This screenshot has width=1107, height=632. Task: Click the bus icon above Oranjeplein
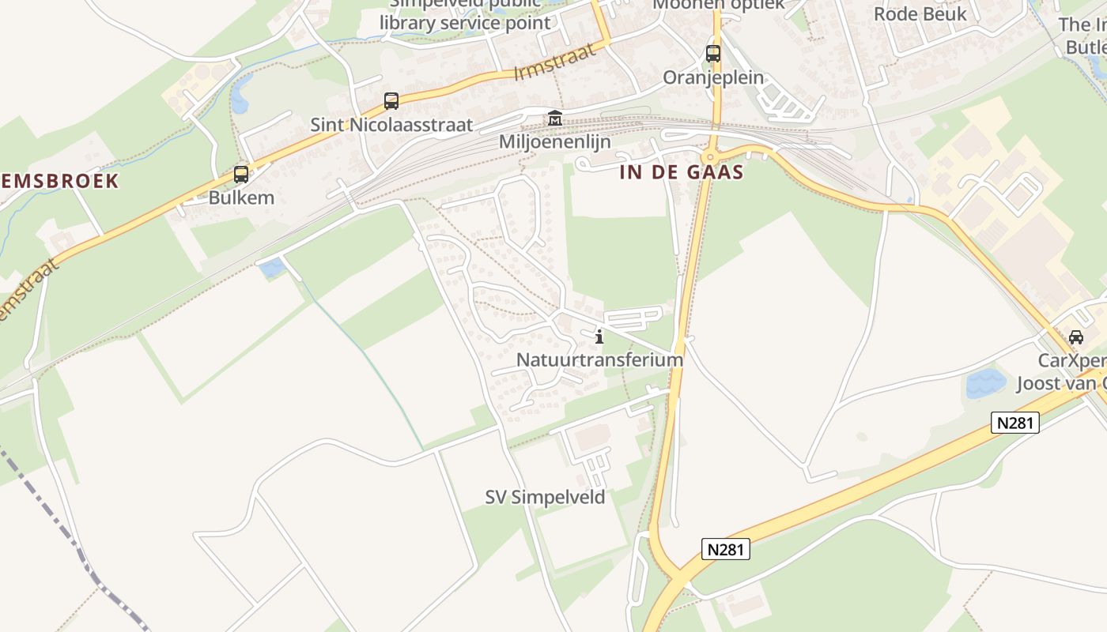(x=713, y=54)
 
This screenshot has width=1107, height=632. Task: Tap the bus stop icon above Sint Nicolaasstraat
(x=391, y=101)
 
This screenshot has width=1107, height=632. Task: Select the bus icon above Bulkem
(x=241, y=175)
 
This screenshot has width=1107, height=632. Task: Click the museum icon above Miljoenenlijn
(x=555, y=119)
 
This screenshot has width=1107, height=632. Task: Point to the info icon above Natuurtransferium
(x=599, y=337)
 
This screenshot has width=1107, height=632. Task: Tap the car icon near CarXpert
(x=1076, y=337)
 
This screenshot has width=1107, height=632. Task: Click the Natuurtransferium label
(x=599, y=359)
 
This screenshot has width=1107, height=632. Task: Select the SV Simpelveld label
(x=545, y=497)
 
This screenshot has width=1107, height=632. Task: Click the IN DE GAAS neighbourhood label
(x=682, y=172)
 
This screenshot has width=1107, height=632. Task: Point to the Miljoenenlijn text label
(x=555, y=142)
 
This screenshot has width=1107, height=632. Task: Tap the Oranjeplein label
(x=713, y=77)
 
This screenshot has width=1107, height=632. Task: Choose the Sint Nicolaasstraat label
(x=391, y=125)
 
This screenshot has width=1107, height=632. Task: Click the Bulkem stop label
(x=241, y=197)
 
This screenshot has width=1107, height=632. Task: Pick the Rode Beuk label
(x=920, y=13)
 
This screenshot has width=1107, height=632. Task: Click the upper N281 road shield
(x=1015, y=423)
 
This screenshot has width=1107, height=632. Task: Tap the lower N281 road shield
(x=726, y=549)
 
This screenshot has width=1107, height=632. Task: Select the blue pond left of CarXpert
(x=985, y=384)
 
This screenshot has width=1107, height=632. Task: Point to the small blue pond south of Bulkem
(x=272, y=268)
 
